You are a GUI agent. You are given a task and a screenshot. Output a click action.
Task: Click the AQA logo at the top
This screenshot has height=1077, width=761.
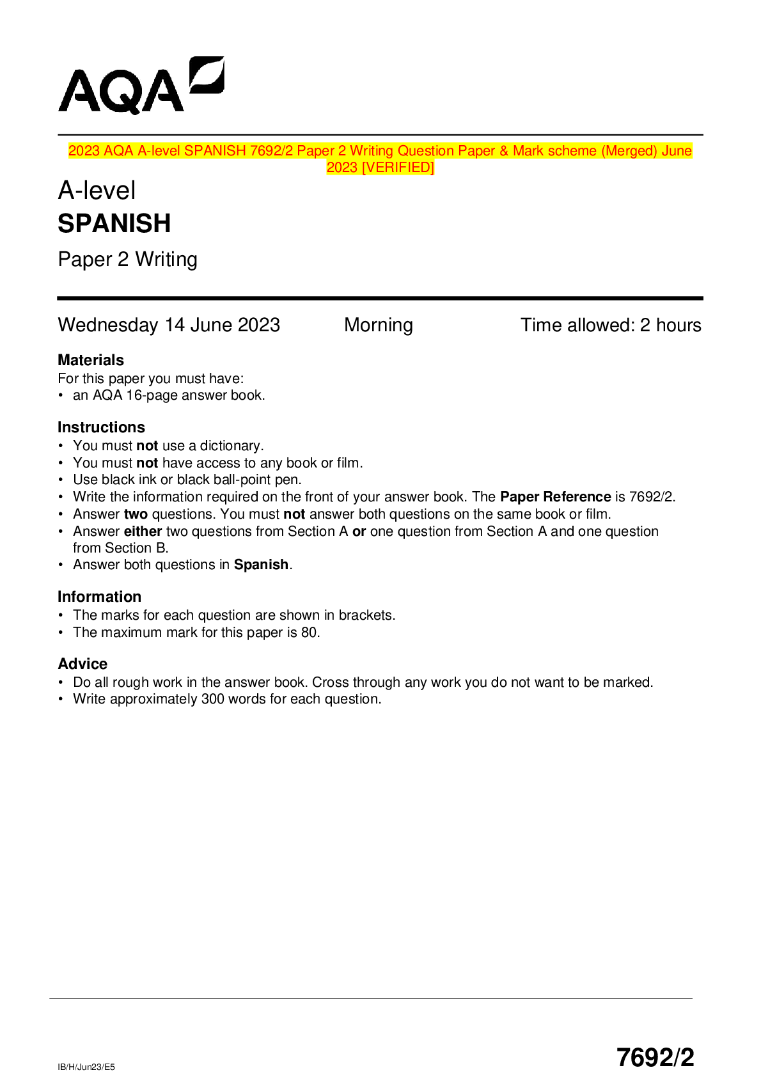tap(141, 86)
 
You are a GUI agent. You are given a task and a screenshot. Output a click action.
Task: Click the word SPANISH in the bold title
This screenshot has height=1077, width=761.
tap(114, 224)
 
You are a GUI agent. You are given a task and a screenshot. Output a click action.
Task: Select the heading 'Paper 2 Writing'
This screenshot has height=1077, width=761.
tap(127, 260)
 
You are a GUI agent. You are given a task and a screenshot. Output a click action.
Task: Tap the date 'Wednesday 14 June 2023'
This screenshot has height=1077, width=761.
tap(169, 325)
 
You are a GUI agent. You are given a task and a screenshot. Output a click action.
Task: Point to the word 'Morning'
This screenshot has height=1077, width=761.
tap(378, 325)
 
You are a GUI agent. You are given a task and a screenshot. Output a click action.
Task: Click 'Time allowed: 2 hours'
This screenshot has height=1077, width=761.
tap(610, 325)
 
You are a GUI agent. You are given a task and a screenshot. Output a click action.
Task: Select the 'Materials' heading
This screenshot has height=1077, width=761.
tap(91, 360)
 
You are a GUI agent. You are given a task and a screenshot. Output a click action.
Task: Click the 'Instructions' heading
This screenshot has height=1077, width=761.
tap(101, 427)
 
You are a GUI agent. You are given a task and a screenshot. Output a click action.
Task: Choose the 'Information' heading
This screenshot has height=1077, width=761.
tap(99, 597)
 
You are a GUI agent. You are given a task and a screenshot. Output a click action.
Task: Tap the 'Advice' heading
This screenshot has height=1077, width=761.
tap(82, 664)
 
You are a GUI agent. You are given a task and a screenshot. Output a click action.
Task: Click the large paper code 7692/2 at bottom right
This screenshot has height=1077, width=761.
tap(655, 1057)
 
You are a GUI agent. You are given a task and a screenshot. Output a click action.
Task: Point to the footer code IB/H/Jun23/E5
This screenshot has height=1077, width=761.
tap(86, 1067)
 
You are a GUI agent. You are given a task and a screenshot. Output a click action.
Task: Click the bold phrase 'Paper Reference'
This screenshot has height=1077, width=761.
tap(555, 497)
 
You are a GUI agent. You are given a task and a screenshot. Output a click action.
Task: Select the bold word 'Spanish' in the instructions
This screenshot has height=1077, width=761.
tap(261, 565)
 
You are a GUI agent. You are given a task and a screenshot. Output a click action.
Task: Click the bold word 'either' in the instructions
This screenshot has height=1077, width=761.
tap(143, 531)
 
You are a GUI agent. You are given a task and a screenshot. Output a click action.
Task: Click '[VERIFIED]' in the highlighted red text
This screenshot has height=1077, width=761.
tap(397, 168)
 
